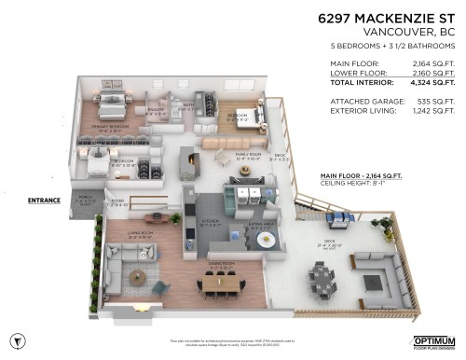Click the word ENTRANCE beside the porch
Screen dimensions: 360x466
click(x=44, y=199)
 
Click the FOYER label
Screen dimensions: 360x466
click(x=118, y=201)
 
